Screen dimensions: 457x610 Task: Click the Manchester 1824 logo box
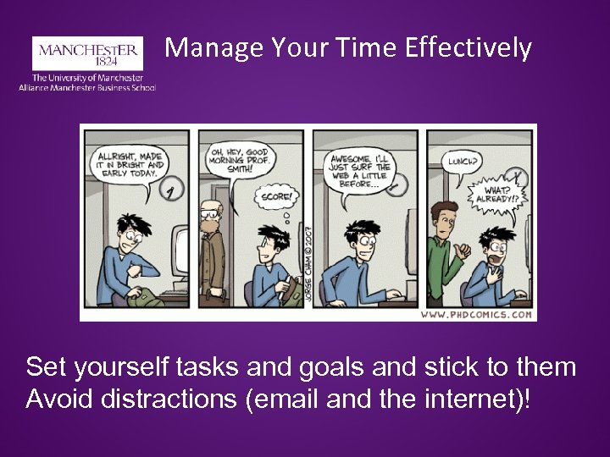[86, 52]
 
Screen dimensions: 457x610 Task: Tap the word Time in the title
[368, 47]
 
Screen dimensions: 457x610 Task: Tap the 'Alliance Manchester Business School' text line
[87, 87]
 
